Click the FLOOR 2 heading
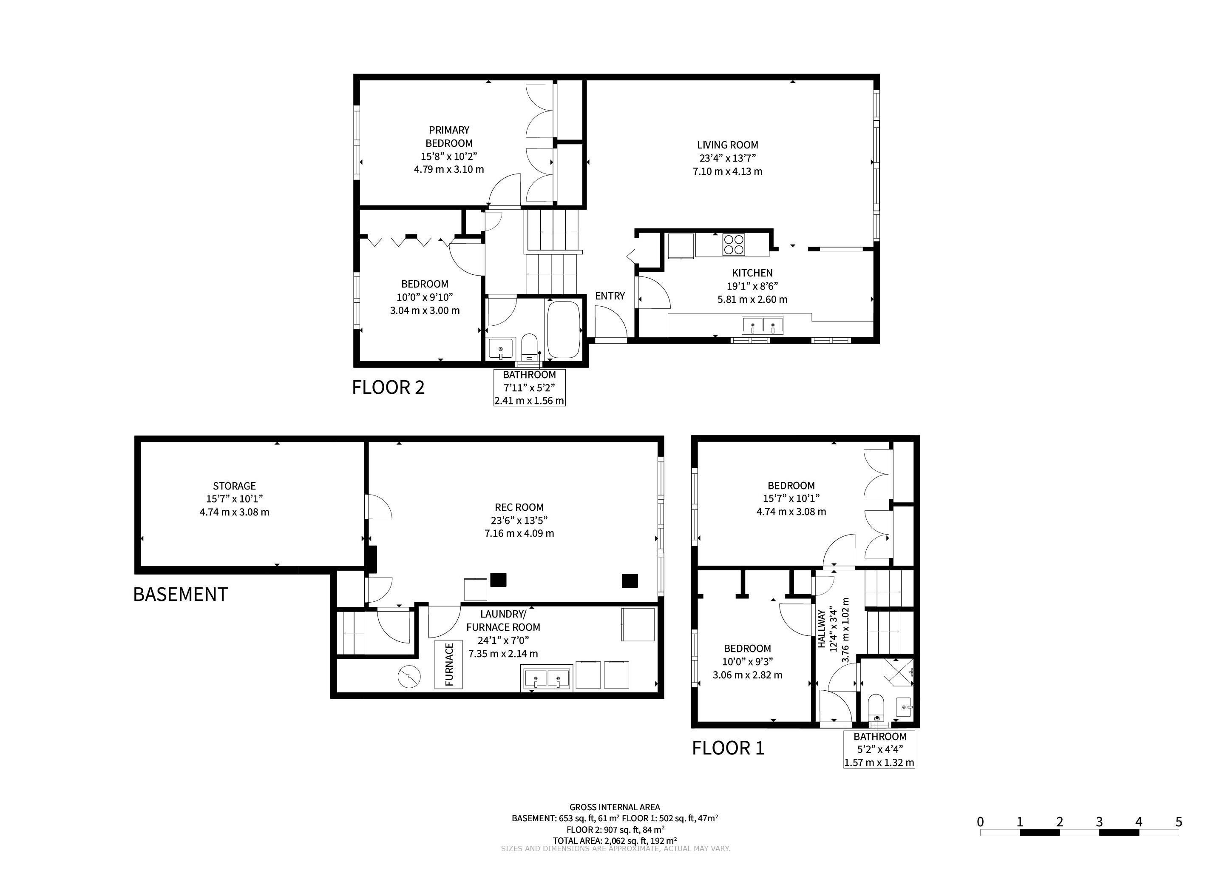(388, 387)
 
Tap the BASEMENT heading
(180, 594)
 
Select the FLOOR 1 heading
(728, 748)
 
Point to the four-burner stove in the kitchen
(733, 245)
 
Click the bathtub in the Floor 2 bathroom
(563, 329)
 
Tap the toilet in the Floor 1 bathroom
(876, 709)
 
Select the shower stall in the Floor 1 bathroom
(897, 672)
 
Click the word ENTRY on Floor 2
(610, 296)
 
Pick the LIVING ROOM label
(728, 145)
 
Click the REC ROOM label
(519, 507)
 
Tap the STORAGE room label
(234, 486)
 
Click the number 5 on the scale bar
(1178, 822)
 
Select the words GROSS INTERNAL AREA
(614, 807)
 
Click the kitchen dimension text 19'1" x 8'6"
(752, 286)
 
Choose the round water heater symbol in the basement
(410, 677)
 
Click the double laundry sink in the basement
(547, 678)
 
